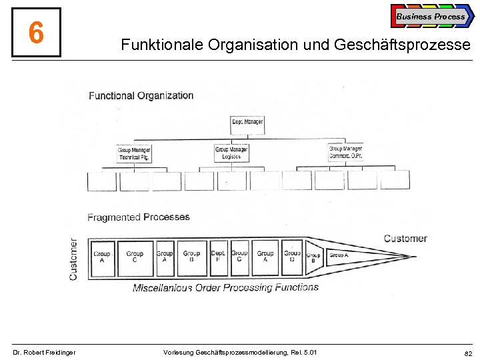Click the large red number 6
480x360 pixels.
(x=36, y=32)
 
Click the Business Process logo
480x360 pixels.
(x=431, y=16)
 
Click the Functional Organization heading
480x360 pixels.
(x=141, y=96)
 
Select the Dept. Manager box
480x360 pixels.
(x=247, y=124)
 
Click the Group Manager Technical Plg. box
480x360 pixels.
(x=134, y=154)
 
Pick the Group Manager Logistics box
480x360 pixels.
(x=231, y=153)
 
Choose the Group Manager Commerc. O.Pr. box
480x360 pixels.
(x=345, y=153)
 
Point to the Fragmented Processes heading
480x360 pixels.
(x=139, y=217)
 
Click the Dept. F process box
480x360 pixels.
(x=218, y=257)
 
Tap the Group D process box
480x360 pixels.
(x=292, y=257)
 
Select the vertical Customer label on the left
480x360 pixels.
(x=73, y=259)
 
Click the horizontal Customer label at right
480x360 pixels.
(x=405, y=239)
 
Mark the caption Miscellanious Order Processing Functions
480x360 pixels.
(x=225, y=288)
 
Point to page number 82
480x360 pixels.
(x=467, y=352)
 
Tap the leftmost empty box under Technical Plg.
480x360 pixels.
(x=102, y=181)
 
